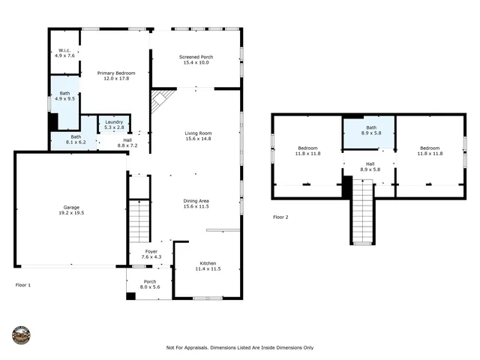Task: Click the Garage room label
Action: coord(71,210)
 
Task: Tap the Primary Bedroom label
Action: coord(116,75)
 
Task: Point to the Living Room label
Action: coord(198,136)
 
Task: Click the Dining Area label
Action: coord(196,203)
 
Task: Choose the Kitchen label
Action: coord(208,265)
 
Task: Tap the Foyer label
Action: coord(151,254)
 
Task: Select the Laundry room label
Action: coord(114,124)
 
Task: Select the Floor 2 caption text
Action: coord(280,217)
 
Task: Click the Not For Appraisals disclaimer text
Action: coord(239,347)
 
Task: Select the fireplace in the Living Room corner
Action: coord(160,100)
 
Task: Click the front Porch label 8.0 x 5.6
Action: coord(150,285)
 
